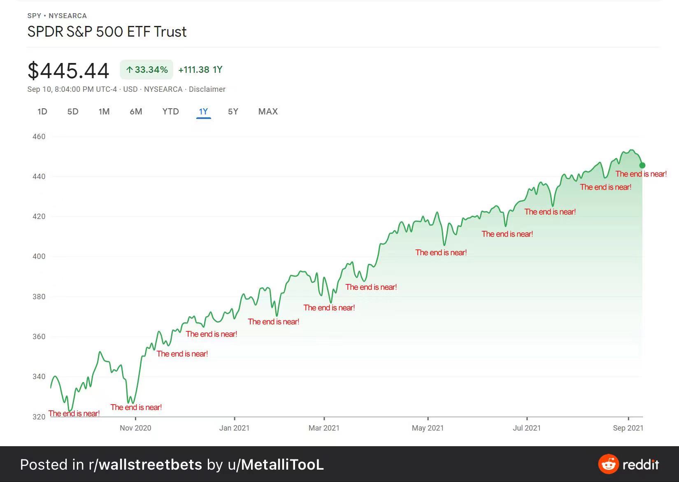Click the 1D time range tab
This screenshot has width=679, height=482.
(42, 112)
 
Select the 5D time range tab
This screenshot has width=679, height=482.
(73, 112)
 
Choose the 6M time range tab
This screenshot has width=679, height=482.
(136, 112)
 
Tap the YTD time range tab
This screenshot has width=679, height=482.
(170, 112)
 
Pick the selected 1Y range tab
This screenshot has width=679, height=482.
(203, 112)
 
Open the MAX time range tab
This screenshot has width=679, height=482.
(268, 112)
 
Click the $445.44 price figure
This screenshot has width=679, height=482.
(68, 71)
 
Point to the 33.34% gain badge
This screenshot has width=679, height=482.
(146, 70)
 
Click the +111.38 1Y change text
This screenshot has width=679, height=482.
(200, 70)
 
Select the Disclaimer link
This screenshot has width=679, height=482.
(207, 89)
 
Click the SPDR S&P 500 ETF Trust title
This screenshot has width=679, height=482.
(107, 32)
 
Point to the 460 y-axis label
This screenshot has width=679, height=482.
(39, 137)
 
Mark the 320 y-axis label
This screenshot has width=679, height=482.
(39, 417)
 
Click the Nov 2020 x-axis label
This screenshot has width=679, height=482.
(135, 428)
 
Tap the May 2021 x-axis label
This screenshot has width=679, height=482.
(428, 428)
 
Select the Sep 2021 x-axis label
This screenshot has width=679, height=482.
(628, 428)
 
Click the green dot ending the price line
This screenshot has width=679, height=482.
(642, 165)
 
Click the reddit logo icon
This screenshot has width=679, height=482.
(608, 464)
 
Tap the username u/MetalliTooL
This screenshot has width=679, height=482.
(276, 465)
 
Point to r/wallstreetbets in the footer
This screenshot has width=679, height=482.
(145, 465)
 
